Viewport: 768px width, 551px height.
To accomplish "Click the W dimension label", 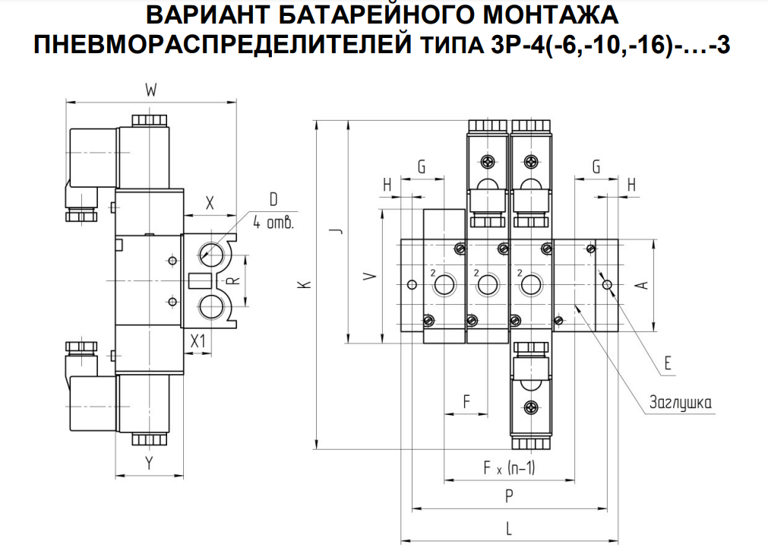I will (x=150, y=91).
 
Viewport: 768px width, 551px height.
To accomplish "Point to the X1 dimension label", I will (x=199, y=341).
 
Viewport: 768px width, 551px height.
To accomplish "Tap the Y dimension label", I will (x=150, y=463).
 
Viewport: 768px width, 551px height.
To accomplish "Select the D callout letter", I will (x=273, y=199).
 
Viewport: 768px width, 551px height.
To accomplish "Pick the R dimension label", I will (x=235, y=280).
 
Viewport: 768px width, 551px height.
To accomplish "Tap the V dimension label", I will (x=369, y=277).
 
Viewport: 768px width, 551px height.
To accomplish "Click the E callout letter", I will (x=668, y=363).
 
